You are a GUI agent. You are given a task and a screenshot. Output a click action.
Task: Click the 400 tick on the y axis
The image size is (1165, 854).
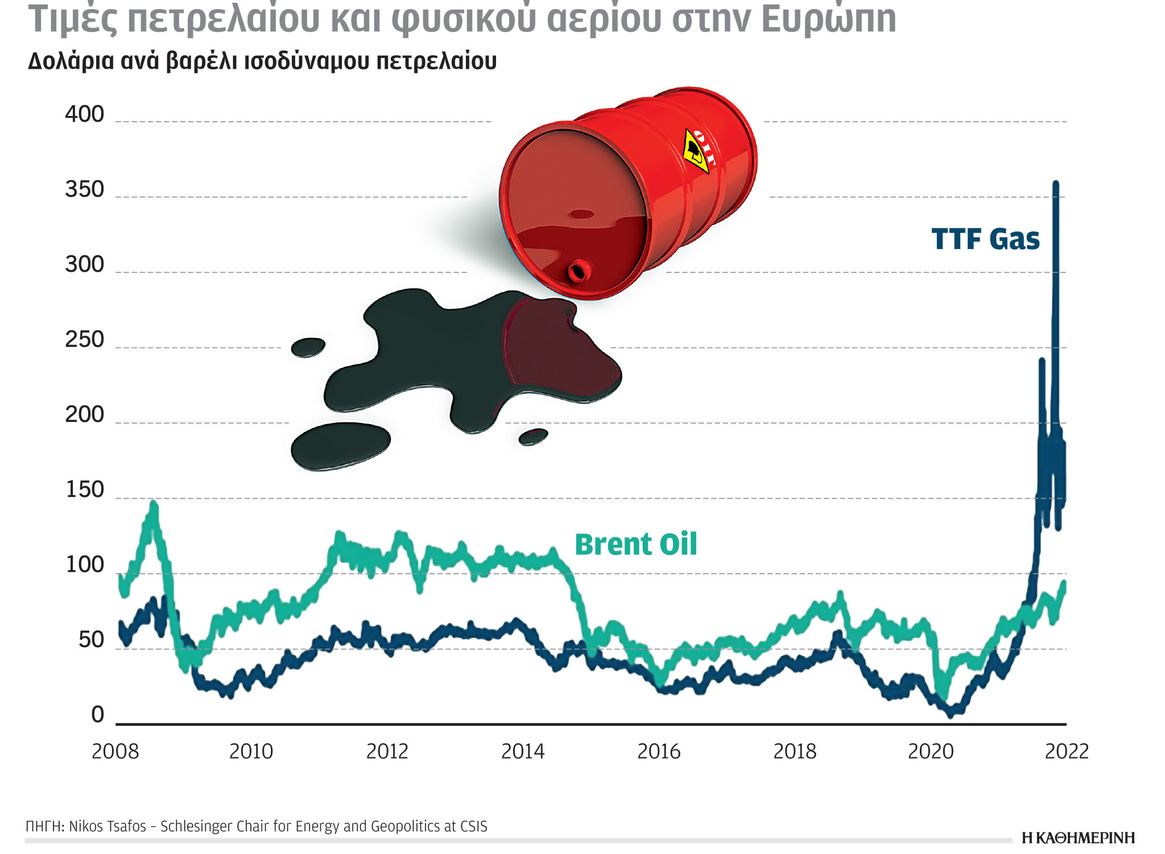[84, 115]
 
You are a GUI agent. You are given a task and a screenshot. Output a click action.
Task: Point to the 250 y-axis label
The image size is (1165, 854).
[84, 340]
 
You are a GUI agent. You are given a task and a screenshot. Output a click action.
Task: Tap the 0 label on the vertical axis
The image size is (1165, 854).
[98, 715]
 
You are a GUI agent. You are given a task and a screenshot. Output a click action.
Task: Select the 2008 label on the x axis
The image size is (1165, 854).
[115, 752]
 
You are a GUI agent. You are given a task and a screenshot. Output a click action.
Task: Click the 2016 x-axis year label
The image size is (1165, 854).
[659, 752]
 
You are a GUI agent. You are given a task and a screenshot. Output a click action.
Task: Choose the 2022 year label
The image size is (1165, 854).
[1067, 752]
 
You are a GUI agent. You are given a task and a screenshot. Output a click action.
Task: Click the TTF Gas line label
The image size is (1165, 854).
[985, 239]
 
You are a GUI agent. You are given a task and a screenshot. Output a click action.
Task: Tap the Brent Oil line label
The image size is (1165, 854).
[635, 545]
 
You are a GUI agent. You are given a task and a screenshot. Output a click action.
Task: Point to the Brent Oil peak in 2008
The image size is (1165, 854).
[154, 504]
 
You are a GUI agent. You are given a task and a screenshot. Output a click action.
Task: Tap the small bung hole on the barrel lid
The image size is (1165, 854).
[579, 271]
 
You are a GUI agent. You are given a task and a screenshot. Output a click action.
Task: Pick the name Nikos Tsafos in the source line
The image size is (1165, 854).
[108, 826]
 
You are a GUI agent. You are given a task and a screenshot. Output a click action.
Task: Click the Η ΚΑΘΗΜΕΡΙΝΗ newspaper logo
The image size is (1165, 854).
[1078, 838]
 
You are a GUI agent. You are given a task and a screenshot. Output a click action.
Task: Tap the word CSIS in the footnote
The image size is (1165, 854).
[473, 826]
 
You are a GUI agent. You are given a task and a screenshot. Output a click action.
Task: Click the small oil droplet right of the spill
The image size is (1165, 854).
[533, 437]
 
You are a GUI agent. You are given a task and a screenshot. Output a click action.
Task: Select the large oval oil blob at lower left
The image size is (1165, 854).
[340, 446]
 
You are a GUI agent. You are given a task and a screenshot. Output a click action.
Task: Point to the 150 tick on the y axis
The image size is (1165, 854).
[84, 490]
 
